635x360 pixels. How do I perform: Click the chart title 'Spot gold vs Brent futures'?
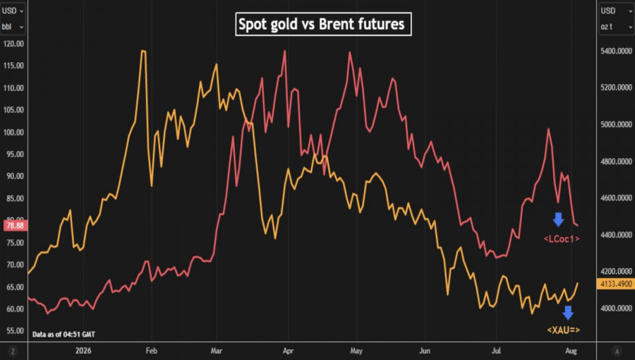[323, 24]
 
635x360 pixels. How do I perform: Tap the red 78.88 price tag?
[16, 226]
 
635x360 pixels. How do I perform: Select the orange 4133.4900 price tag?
[615, 284]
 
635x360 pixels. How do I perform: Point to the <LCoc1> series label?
[562, 239]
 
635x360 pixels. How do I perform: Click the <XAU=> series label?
[563, 330]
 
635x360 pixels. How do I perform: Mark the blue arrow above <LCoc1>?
[559, 219]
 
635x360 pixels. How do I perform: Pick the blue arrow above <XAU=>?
[568, 313]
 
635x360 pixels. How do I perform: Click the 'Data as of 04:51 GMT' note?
[64, 334]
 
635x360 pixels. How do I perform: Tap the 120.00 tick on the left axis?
[13, 44]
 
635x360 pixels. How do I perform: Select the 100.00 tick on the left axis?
[13, 133]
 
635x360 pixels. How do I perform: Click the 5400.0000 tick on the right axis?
[617, 51]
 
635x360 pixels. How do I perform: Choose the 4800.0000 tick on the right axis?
[617, 162]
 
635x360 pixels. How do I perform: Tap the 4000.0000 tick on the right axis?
[617, 308]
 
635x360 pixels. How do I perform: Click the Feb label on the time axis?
[152, 351]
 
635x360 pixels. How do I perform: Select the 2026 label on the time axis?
[83, 351]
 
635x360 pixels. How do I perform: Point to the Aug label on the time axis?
[571, 351]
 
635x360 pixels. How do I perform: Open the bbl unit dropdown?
[13, 27]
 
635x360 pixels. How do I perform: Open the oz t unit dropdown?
[617, 27]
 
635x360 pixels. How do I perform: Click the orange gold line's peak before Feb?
[143, 51]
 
